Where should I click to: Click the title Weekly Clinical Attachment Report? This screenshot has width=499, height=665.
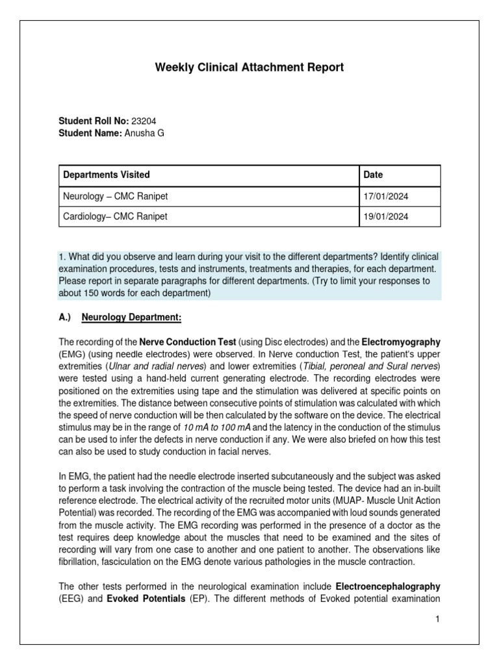coord(249,67)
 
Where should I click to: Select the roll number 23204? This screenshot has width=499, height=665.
coord(144,121)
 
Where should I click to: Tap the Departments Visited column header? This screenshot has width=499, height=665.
coord(106,175)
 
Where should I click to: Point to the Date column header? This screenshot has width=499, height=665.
coord(373,175)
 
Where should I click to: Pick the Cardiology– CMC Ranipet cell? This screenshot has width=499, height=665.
coord(115,216)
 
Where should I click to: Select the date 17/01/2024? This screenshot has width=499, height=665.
coord(385,195)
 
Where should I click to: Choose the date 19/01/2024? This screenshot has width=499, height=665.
coord(385,216)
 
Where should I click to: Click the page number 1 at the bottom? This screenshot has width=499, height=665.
coord(438,620)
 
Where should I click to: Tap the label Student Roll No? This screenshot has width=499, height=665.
coord(94,121)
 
